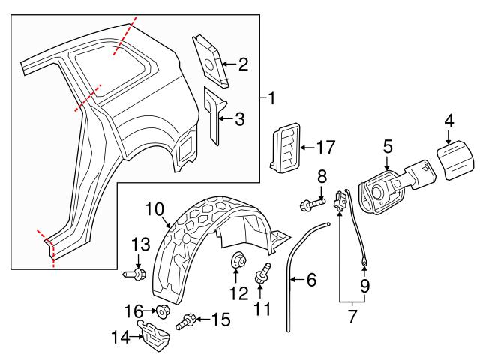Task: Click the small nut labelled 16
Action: [160, 310]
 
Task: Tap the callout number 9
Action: [364, 286]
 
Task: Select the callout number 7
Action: [351, 318]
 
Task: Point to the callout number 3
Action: [239, 118]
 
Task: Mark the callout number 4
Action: [449, 120]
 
